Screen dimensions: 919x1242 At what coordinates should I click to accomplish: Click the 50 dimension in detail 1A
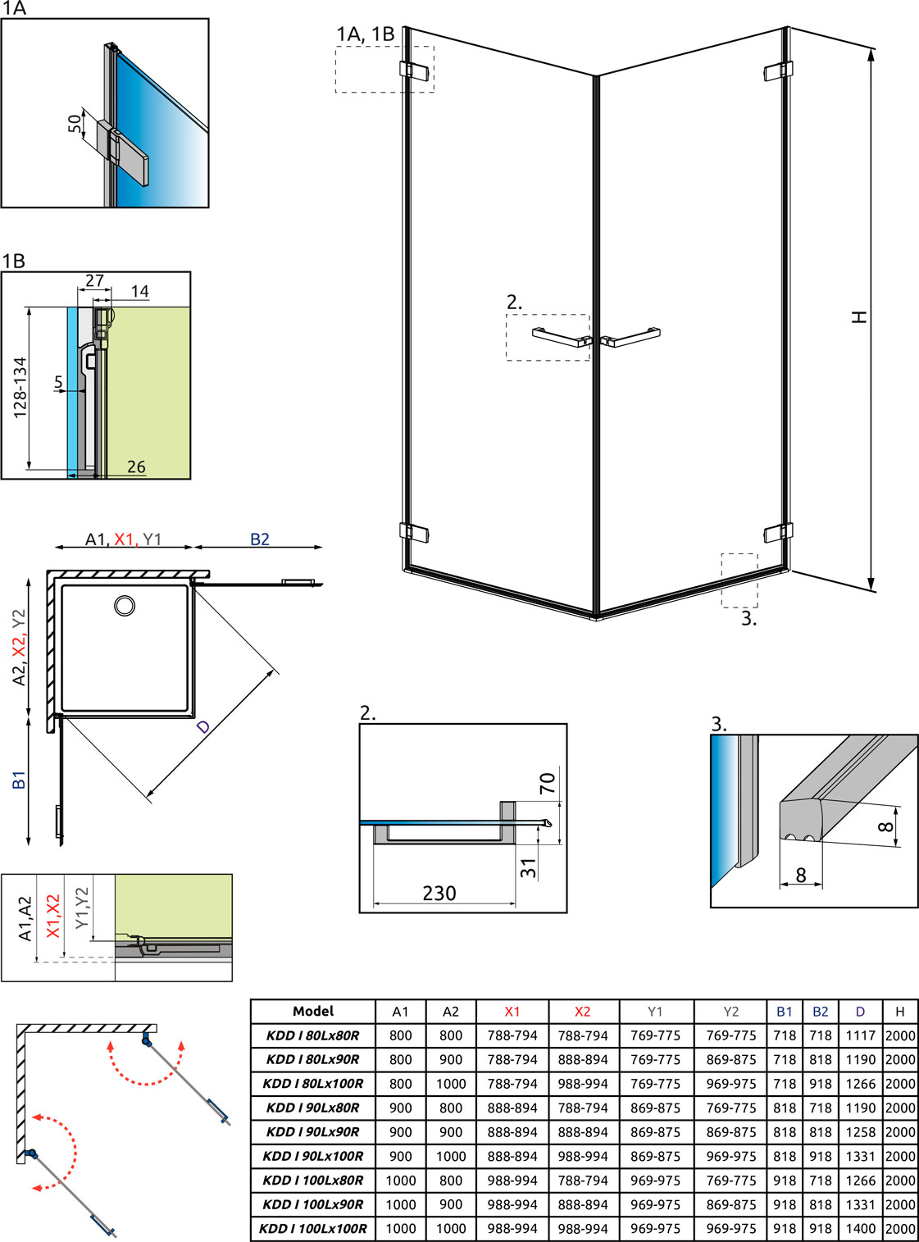pyautogui.click(x=75, y=124)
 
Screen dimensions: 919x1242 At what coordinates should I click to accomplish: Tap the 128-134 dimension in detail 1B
pyautogui.click(x=20, y=388)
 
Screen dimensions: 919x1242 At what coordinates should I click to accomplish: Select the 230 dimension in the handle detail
pyautogui.click(x=439, y=893)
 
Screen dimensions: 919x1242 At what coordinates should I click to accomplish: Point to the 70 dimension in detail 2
pyautogui.click(x=547, y=783)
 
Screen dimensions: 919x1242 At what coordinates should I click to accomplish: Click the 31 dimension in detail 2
pyautogui.click(x=528, y=868)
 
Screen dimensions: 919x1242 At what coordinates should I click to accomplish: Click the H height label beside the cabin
pyautogui.click(x=859, y=317)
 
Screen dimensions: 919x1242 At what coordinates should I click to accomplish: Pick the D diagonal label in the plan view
pyautogui.click(x=202, y=727)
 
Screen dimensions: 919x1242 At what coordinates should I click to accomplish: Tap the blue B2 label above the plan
pyautogui.click(x=259, y=539)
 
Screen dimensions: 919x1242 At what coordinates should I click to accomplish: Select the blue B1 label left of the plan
pyautogui.click(x=19, y=780)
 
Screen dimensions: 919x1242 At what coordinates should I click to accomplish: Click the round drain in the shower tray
pyautogui.click(x=125, y=606)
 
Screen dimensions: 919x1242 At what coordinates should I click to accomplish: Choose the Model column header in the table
pyautogui.click(x=313, y=1011)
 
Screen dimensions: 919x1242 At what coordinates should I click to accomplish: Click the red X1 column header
pyautogui.click(x=512, y=1012)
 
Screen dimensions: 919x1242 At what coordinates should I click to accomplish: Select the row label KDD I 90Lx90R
pyautogui.click(x=312, y=1131)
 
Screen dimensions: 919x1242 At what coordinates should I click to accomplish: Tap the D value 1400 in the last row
pyautogui.click(x=860, y=1229)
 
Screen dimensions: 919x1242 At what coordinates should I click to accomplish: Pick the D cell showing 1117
pyautogui.click(x=860, y=1035)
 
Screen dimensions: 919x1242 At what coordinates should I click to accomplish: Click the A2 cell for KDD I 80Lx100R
pyautogui.click(x=451, y=1084)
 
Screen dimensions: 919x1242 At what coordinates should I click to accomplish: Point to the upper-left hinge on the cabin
pyautogui.click(x=414, y=70)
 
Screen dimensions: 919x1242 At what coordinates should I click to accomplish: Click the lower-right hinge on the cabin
pyautogui.click(x=779, y=532)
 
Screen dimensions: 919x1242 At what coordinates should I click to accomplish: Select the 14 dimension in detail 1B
pyautogui.click(x=140, y=291)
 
